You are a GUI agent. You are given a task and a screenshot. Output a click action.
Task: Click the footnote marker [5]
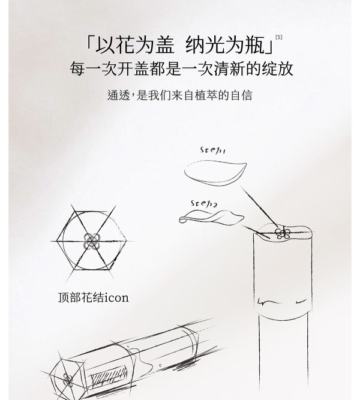[x=279, y=37]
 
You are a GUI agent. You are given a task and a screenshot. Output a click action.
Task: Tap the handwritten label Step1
[x=212, y=150]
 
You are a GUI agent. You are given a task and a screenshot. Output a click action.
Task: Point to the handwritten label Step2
[x=204, y=203]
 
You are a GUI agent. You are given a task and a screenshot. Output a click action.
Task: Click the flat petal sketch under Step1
[x=215, y=173]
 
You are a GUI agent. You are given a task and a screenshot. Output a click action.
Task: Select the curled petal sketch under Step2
[x=211, y=218]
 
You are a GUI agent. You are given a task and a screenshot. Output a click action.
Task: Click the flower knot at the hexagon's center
[x=92, y=241]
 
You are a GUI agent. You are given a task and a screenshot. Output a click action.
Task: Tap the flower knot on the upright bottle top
[x=282, y=233]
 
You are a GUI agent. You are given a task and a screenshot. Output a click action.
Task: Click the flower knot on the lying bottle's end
[x=68, y=380]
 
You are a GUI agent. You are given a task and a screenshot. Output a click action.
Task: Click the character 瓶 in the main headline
[x=255, y=45]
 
